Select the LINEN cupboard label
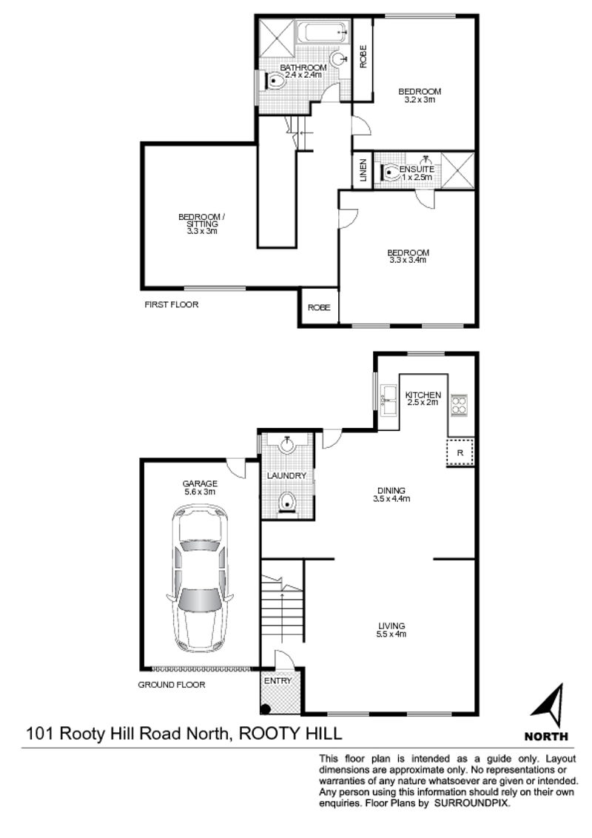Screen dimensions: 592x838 (363, 170)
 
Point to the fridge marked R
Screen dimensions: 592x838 (460, 452)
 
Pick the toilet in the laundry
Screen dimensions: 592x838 (287, 503)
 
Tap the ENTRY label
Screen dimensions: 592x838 (277, 681)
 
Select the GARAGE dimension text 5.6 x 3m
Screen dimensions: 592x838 (199, 492)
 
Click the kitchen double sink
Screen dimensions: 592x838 (388, 399)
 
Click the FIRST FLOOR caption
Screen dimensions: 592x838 (172, 305)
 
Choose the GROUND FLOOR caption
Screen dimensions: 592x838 (172, 685)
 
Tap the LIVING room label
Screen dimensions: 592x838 (391, 626)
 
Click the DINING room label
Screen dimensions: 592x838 (391, 491)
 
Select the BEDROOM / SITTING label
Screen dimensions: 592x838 (202, 220)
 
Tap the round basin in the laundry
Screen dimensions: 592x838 (287, 445)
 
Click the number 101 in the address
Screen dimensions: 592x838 (40, 733)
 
